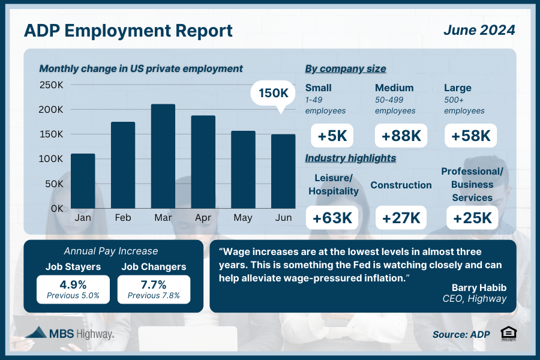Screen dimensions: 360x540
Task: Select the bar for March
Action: click(163, 156)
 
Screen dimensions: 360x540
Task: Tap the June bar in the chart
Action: click(283, 171)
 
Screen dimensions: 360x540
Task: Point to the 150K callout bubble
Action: click(274, 94)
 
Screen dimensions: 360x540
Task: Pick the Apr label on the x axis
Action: click(203, 217)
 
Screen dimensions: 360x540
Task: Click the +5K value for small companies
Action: click(332, 136)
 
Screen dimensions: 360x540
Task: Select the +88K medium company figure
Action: click(401, 136)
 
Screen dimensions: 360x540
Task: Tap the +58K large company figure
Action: click(471, 136)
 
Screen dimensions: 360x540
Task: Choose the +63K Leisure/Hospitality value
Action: click(332, 217)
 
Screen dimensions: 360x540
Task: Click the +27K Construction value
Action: click(401, 217)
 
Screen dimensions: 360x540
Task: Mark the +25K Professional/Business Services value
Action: click(472, 217)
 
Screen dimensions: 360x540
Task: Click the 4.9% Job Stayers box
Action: click(73, 289)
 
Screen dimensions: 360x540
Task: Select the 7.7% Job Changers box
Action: click(154, 289)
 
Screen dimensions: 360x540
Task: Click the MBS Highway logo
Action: click(71, 333)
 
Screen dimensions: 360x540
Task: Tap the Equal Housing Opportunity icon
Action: click(508, 334)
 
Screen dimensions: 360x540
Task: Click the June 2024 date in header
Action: click(479, 29)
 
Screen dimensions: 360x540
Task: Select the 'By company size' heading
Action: click(345, 68)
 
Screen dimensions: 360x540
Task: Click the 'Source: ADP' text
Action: click(461, 334)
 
